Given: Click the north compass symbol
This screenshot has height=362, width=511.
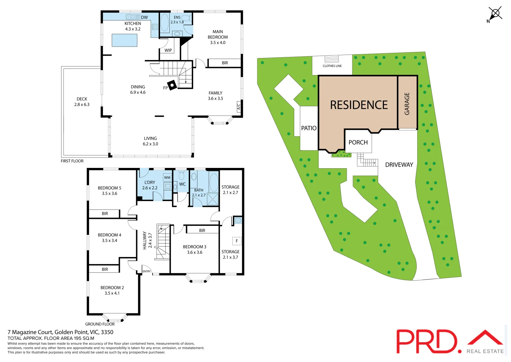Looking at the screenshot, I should pos(495,14).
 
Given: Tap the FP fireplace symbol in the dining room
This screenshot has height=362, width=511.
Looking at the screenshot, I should pos(172,85).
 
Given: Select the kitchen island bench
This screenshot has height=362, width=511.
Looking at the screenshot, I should pos(124,40).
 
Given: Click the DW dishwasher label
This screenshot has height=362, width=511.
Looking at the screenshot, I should pos(144,17).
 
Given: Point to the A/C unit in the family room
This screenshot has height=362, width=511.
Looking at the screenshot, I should pos(239,107).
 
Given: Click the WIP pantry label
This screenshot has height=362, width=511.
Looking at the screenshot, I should pos(168,50).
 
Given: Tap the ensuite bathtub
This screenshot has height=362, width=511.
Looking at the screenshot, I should pos(164,22).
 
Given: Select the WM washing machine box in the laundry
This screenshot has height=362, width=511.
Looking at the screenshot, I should pos(167,178).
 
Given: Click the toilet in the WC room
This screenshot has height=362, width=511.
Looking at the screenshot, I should pos(182,175).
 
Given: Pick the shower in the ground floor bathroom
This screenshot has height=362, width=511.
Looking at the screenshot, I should pos(212,199).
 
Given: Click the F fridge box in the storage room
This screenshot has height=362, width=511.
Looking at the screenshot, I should pos(237,241).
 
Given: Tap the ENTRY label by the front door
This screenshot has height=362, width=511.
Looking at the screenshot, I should pos(147,271).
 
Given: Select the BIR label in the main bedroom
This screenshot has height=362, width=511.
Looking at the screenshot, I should pos(225,63).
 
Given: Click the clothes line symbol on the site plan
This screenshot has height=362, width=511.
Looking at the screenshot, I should pos(332,59).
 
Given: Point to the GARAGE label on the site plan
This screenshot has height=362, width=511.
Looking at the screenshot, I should pos(407,104).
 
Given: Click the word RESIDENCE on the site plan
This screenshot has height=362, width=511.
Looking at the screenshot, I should pos(359,105).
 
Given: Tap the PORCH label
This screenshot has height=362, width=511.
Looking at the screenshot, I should pos(358,142).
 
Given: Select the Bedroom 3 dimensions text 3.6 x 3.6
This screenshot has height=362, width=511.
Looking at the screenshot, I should pos(194,252).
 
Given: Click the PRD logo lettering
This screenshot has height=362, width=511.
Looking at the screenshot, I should pos(427,341).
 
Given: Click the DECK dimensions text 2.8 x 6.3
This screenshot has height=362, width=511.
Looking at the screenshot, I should pos(82,105).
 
